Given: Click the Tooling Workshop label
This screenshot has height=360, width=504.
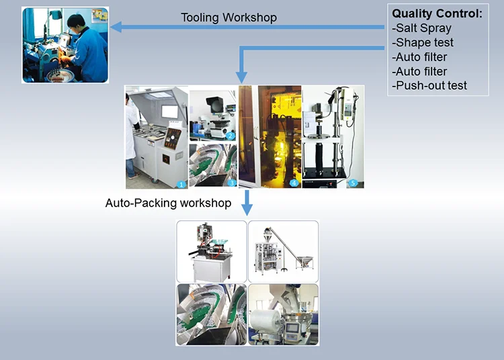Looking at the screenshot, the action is pos(228,17).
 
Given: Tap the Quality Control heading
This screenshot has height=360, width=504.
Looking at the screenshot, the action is pos(437,13).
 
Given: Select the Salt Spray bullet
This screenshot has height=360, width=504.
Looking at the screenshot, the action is pos(423,28).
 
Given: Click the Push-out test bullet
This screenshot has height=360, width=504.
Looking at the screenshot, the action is pos(429,85).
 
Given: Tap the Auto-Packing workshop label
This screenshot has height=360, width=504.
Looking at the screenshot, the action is pos(168,202).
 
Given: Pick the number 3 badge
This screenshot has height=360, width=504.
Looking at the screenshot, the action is pos(231,183).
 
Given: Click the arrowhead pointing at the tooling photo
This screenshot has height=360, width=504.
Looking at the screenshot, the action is pos(116,27).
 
